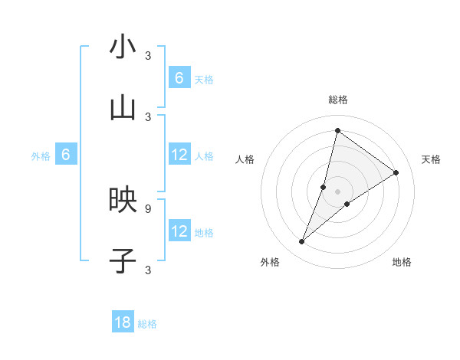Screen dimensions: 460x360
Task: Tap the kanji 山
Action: [123, 108]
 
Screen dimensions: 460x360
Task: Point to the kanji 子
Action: [123, 260]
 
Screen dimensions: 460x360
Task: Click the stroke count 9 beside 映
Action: [148, 208]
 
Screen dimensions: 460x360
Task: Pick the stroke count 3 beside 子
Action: [148, 270]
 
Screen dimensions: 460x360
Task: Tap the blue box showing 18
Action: [123, 322]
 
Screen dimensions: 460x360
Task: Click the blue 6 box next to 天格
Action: [179, 77]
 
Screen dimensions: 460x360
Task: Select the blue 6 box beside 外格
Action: [66, 155]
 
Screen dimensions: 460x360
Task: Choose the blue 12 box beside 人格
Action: [179, 155]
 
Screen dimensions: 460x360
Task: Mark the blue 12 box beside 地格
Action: [179, 231]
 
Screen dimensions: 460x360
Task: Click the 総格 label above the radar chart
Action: [338, 100]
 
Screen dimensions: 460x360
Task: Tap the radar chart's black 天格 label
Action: [431, 159]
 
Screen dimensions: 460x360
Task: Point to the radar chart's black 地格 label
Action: [402, 262]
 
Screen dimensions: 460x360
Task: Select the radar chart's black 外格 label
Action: [270, 262]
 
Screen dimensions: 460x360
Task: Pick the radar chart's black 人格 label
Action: [245, 159]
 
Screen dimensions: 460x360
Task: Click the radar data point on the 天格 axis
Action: [396, 172]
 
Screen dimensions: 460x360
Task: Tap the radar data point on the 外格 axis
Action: [302, 242]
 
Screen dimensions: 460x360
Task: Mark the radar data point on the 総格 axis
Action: [337, 130]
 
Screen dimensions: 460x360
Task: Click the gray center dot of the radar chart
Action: [338, 191]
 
